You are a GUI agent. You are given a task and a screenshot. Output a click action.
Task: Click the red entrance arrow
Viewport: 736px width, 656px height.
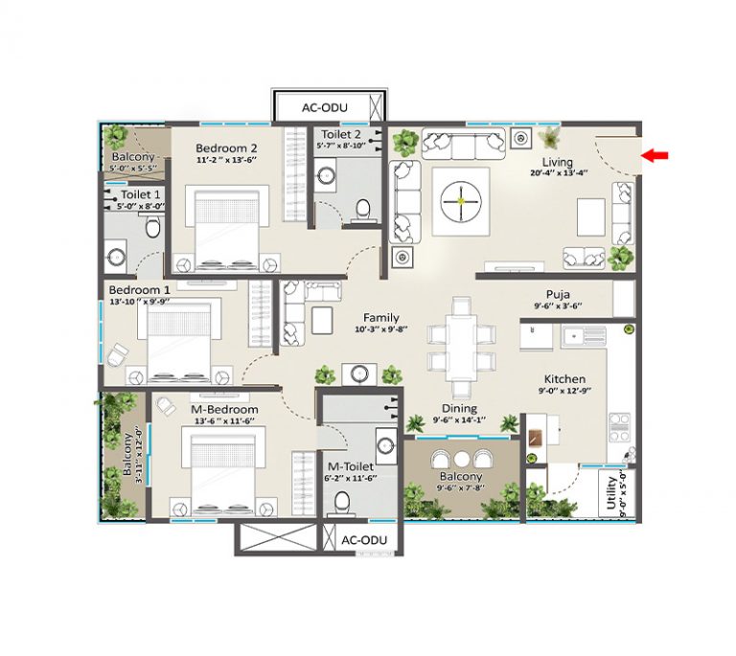pos(655,155)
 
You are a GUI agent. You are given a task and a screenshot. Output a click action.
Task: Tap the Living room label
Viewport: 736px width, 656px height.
pos(557,162)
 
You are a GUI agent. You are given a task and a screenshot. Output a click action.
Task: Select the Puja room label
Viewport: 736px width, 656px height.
pos(558,294)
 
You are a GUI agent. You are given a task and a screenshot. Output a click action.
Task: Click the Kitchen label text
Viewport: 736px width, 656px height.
pos(564,379)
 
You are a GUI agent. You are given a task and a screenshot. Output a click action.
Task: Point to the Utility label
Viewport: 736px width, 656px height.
pos(611,492)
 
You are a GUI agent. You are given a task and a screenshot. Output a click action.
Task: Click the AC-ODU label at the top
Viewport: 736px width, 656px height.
pos(324,108)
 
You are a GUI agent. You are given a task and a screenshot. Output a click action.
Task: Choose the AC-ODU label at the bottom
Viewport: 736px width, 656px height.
pos(364,540)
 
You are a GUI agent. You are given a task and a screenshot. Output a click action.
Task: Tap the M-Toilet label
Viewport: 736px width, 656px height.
pos(351,466)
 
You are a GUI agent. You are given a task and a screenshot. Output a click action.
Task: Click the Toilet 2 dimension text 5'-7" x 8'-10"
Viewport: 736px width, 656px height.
pos(341,146)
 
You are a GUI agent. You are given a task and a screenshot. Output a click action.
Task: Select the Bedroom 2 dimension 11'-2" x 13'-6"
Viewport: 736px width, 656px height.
pos(226,160)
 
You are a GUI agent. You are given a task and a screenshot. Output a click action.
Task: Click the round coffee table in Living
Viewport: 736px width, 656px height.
pos(461,202)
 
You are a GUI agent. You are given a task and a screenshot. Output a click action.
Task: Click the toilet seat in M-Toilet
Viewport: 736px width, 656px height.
pos(342,502)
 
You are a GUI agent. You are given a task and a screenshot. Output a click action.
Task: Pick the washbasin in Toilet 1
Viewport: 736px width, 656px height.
pos(116,257)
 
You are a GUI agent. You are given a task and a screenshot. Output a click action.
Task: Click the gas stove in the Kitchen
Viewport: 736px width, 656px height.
pos(619,427)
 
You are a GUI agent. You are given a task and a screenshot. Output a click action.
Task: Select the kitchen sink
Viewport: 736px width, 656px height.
pos(585,336)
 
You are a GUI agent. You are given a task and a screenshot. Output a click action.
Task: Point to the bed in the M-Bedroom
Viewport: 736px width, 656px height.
pos(223,475)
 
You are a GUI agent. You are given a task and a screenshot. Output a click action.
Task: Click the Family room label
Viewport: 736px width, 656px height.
pos(381,318)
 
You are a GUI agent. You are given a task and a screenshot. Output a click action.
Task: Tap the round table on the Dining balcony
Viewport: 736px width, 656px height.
pos(461,459)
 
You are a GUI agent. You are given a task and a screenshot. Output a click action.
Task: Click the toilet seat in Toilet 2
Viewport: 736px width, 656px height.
pos(363,210)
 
